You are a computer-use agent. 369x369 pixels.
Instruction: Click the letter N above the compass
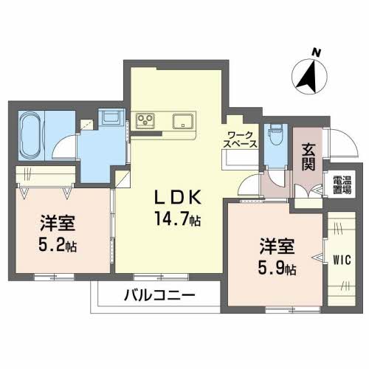pyautogui.click(x=316, y=52)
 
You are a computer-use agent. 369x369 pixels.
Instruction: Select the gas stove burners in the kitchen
pyautogui.click(x=145, y=120)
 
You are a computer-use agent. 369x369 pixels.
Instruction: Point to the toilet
pyautogui.click(x=277, y=134)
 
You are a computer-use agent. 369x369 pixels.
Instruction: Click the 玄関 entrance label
pyautogui.click(x=308, y=154)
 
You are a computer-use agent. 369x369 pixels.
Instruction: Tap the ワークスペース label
pyautogui.click(x=241, y=138)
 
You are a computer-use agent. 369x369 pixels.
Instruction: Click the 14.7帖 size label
pyautogui.click(x=178, y=219)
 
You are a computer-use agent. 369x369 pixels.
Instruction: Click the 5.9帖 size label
pyautogui.click(x=276, y=266)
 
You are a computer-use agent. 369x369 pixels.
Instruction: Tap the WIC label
pyautogui.click(x=341, y=259)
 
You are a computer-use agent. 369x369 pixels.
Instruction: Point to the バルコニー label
pyautogui.click(x=163, y=297)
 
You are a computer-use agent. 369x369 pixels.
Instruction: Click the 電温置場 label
pyautogui.click(x=341, y=184)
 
